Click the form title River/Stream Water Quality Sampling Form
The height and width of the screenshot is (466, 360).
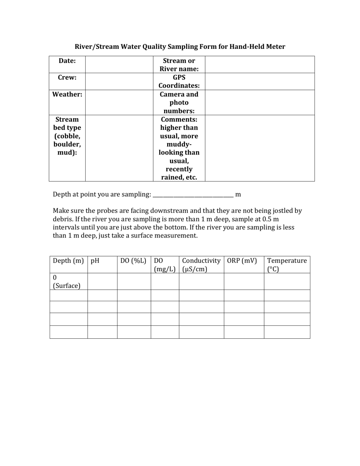point(180,47)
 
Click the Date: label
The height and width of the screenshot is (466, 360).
point(67,61)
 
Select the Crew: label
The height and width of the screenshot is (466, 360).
point(67,77)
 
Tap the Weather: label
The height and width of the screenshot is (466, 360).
point(67,94)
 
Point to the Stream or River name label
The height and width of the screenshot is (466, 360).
point(179,65)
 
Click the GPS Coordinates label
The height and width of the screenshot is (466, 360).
point(179,81)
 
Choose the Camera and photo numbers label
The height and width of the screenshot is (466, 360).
point(179,102)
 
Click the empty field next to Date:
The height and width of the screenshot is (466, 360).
point(119,64)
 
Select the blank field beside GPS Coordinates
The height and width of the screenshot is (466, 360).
point(260,81)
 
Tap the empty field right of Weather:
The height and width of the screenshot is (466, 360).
point(119,102)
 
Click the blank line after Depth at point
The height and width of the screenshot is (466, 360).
point(193,195)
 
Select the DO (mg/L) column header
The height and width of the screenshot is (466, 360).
point(164,265)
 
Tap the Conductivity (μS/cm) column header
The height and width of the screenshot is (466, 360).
point(201,265)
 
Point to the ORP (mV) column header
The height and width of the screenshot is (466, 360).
point(242,261)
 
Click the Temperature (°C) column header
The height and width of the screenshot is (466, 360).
point(286,265)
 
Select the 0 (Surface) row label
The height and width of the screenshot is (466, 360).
point(67,281)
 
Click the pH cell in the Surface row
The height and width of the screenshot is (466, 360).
point(102,281)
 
